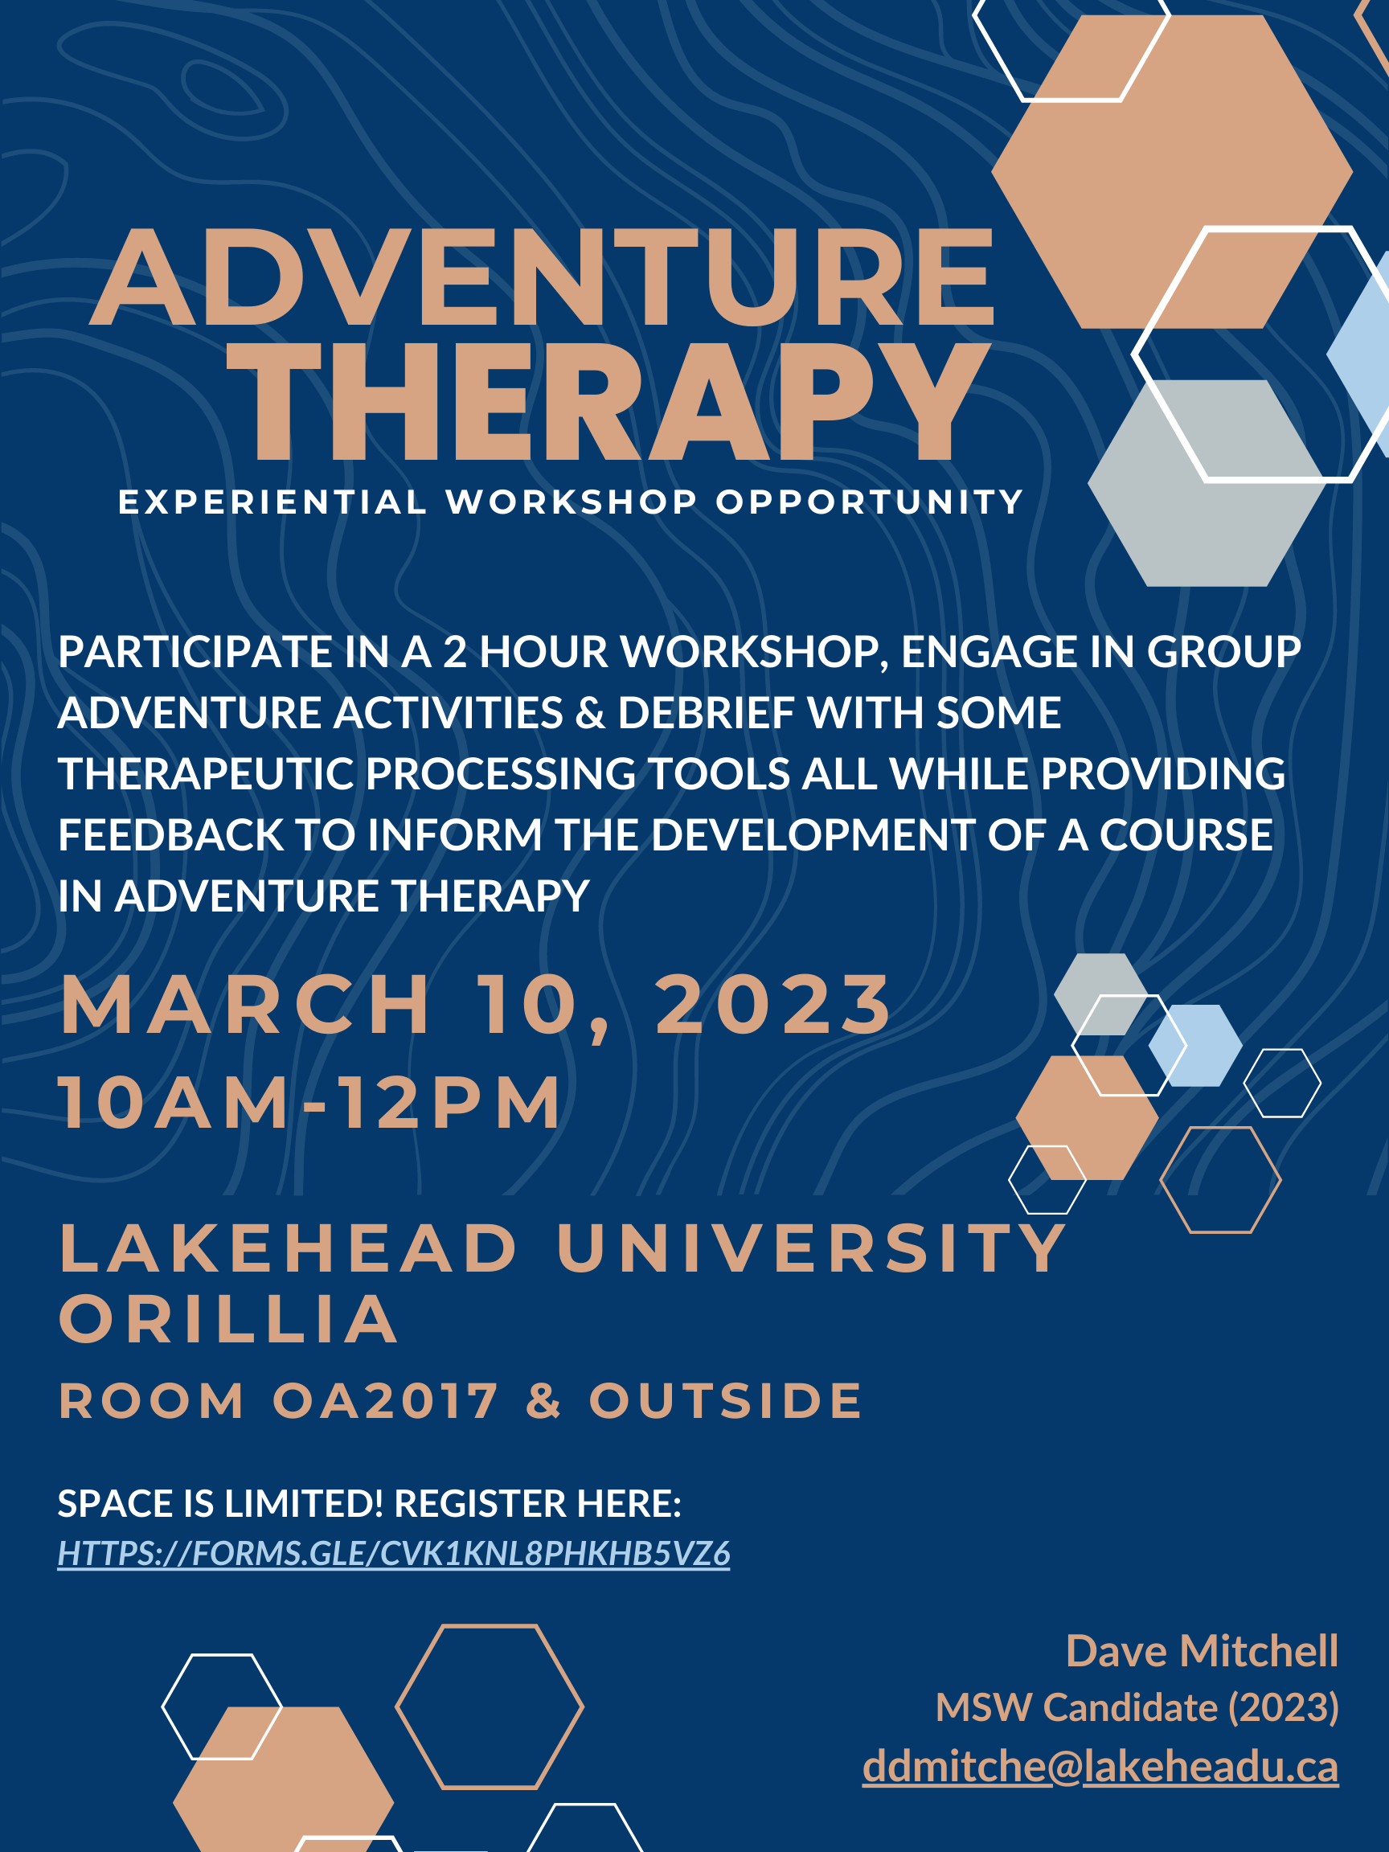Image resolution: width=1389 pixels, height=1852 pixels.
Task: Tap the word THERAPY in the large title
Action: pyautogui.click(x=608, y=401)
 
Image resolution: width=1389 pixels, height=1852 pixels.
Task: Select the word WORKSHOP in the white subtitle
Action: pyautogui.click(x=572, y=502)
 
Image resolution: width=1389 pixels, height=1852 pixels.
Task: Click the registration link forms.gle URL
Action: pyautogui.click(x=394, y=1554)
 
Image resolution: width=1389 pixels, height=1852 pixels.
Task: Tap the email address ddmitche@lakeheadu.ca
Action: pyautogui.click(x=1100, y=1766)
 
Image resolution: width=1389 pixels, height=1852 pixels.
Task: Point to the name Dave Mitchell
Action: pyautogui.click(x=1202, y=1651)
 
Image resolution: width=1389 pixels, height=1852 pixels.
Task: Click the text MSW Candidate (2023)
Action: pyautogui.click(x=1136, y=1707)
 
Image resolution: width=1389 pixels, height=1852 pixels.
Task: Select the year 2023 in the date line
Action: pyautogui.click(x=773, y=1005)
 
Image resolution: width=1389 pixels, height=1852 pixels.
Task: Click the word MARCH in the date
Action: pyautogui.click(x=245, y=1005)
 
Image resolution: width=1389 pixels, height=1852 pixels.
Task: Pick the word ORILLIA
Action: pyautogui.click(x=228, y=1321)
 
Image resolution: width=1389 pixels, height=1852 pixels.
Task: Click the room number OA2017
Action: pyautogui.click(x=385, y=1402)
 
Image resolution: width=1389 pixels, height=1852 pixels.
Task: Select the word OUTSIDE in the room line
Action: pyautogui.click(x=725, y=1402)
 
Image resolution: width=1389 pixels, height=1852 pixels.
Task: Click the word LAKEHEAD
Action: pyautogui.click(x=289, y=1248)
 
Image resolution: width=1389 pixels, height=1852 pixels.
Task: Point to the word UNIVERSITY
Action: pyautogui.click(x=811, y=1248)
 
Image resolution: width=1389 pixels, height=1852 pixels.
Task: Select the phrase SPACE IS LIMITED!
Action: pyautogui.click(x=220, y=1504)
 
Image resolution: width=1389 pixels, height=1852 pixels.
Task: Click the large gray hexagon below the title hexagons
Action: pyautogui.click(x=1207, y=483)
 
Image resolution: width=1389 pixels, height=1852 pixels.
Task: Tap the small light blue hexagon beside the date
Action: pyautogui.click(x=1194, y=1045)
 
